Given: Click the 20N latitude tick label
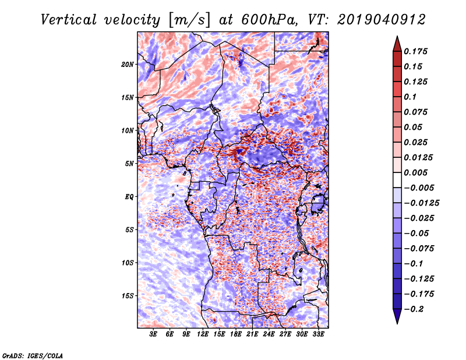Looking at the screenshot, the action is [127, 65].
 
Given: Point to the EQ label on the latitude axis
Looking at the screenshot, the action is [129, 197].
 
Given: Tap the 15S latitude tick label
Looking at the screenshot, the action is [127, 296].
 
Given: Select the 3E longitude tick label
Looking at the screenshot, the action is [153, 334].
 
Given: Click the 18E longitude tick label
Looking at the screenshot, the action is [236, 334].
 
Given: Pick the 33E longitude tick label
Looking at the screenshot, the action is [318, 334].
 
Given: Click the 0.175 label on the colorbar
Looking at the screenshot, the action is [415, 51].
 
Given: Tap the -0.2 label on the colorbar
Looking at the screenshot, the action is [414, 309].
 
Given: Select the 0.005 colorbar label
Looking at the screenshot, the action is [415, 172].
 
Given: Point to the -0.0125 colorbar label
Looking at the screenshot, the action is [421, 203].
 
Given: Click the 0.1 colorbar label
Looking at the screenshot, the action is [410, 97].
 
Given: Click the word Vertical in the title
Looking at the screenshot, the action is [69, 20].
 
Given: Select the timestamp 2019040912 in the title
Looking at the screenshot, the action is [382, 20].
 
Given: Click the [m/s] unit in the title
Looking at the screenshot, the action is [189, 20].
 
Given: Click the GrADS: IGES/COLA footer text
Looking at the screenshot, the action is [33, 355].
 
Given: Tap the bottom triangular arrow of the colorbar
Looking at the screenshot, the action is [397, 316].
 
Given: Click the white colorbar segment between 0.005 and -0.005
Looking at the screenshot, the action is [397, 180].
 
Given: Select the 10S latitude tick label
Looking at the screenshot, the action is [127, 263].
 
